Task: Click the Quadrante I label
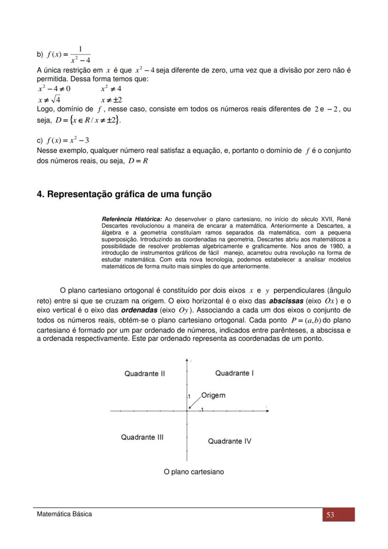(x=234, y=373)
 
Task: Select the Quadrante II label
(x=144, y=374)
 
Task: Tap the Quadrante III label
(x=142, y=437)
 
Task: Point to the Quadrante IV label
(x=230, y=441)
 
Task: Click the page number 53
(x=330, y=515)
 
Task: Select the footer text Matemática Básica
(x=65, y=514)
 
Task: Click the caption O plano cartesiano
(x=194, y=472)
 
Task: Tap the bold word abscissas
(x=286, y=301)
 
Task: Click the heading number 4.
(x=40, y=194)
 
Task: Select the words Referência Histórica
(x=132, y=219)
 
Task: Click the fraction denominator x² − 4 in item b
(x=81, y=60)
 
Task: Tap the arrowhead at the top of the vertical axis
(x=187, y=360)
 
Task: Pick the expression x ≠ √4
(x=49, y=99)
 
